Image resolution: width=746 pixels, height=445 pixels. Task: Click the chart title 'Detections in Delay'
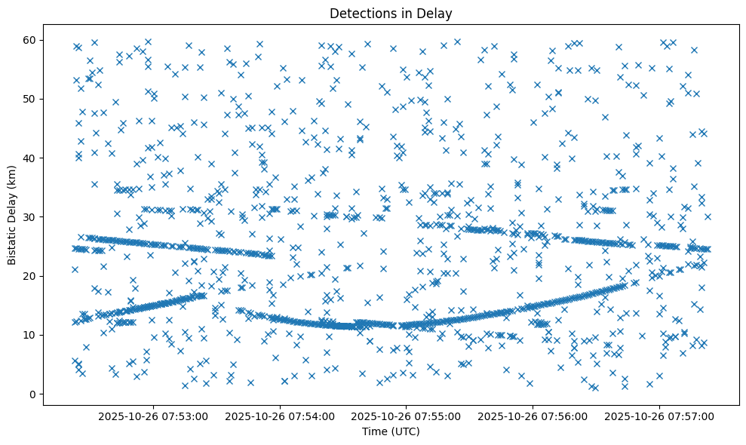point(391,13)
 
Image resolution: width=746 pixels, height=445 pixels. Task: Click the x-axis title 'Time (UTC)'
point(391,432)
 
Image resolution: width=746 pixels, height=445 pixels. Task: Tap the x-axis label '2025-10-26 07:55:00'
point(407,416)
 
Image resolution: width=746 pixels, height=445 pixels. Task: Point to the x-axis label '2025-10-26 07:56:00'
point(533,416)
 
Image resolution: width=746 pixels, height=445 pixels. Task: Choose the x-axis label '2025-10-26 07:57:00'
point(660,416)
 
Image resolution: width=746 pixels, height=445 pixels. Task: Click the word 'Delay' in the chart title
point(437,13)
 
